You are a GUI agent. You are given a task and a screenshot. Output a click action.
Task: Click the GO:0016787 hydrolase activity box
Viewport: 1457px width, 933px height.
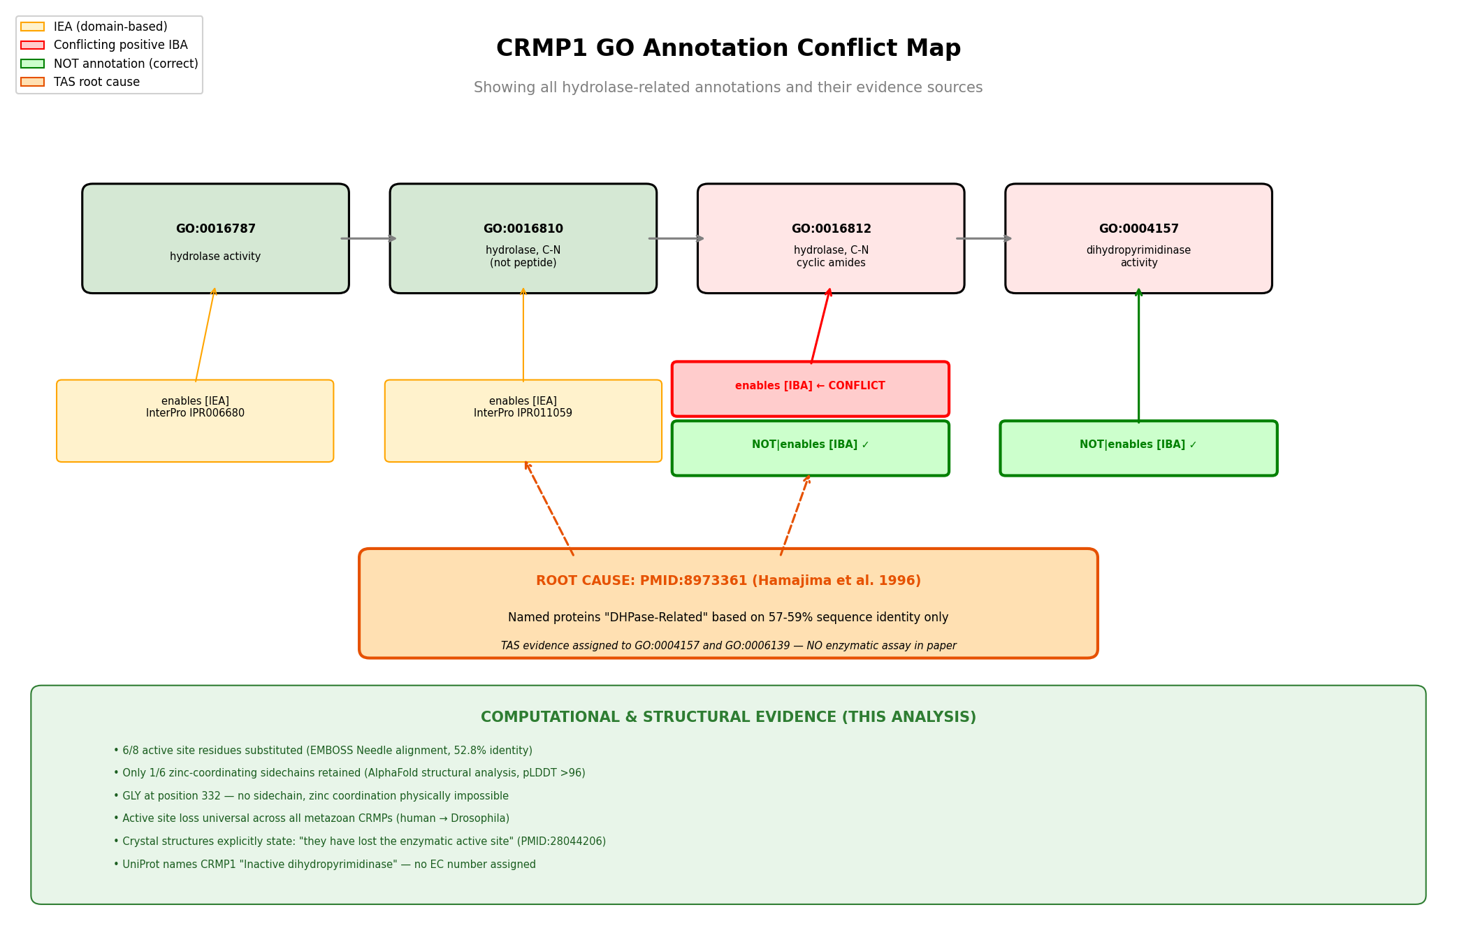click(x=215, y=238)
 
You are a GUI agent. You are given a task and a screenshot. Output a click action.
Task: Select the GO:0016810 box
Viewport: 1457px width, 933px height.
click(x=523, y=238)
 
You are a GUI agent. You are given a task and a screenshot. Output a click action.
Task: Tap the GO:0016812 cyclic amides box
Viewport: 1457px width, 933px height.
click(x=831, y=238)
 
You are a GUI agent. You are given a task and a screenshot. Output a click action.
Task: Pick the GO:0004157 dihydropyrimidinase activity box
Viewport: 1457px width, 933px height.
click(x=1138, y=238)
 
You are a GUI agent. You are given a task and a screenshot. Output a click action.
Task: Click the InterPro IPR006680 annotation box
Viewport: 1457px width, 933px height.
click(x=195, y=421)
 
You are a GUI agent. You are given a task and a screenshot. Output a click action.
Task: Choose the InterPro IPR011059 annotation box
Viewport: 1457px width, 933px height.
click(x=523, y=421)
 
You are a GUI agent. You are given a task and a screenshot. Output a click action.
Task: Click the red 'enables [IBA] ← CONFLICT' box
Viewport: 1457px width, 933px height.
click(x=811, y=389)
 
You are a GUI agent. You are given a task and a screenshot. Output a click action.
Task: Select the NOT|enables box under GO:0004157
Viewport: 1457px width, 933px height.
click(x=1138, y=448)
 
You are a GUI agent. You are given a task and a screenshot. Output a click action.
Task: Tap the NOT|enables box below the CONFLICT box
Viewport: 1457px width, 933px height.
click(x=811, y=448)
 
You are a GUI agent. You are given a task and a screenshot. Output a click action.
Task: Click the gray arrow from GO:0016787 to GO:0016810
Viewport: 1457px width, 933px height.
click(x=369, y=238)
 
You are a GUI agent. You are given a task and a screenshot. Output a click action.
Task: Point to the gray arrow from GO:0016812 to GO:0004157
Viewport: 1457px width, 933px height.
click(x=984, y=238)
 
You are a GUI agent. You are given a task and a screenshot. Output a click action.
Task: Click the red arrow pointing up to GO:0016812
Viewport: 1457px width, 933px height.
click(x=821, y=326)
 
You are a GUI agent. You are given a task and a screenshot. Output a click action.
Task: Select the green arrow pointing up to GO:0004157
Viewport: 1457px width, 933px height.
click(x=1138, y=355)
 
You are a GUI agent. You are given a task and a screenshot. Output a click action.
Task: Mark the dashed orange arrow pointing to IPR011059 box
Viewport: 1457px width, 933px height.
click(x=549, y=508)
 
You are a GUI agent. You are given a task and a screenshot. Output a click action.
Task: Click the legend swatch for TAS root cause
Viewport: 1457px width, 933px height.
click(x=32, y=82)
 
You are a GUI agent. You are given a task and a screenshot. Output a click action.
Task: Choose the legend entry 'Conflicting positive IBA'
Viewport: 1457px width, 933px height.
click(x=121, y=45)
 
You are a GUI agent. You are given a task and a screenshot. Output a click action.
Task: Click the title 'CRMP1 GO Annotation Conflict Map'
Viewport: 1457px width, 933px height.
click(x=728, y=48)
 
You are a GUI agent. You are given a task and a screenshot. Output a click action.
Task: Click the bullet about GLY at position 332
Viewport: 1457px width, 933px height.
click(x=311, y=796)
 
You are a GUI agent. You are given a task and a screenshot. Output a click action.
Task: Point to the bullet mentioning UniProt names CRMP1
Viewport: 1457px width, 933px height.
click(x=325, y=865)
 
